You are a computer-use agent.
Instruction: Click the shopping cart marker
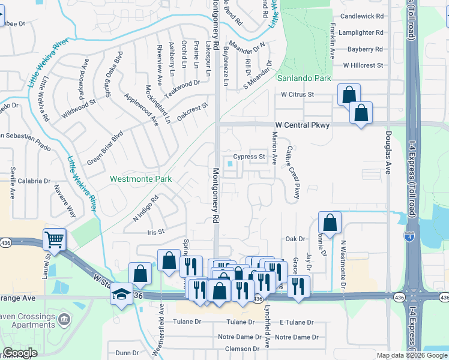point(54,240)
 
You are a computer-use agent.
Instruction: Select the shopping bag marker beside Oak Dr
point(330,223)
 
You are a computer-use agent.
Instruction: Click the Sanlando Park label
point(304,79)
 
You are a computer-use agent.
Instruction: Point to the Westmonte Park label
point(141,179)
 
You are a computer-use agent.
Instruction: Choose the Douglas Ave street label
point(389,153)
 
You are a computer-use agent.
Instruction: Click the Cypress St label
point(249,157)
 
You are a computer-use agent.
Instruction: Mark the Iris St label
point(155,232)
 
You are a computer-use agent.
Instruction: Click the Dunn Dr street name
point(127,353)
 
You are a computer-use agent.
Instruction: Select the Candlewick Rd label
point(361,17)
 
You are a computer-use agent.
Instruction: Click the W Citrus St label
point(297,95)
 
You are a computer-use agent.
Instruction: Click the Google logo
point(20,353)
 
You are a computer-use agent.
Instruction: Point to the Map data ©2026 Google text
point(412,355)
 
